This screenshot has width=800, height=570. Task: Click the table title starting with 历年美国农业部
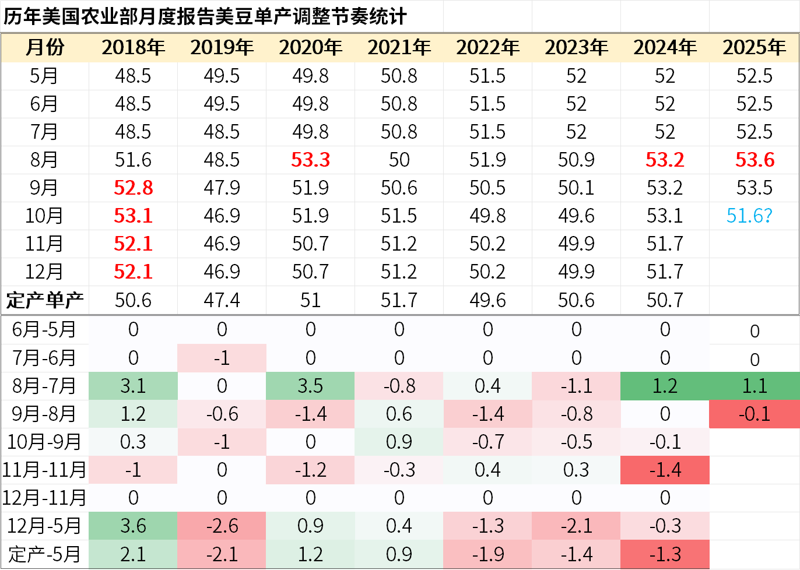pos(205,16)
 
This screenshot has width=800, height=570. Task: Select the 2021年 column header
pos(399,48)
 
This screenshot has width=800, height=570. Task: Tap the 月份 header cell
pos(45,48)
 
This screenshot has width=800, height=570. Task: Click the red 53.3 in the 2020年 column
pos(310,160)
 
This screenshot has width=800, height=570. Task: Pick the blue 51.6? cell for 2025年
pos(749,216)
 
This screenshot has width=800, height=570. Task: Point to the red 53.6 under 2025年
pos(755,160)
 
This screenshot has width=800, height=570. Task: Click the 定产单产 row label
pos(45,300)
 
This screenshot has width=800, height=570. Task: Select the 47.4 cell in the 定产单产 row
pos(222,300)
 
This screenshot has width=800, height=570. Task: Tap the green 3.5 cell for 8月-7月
pos(310,386)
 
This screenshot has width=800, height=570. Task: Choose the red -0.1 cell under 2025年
pos(755,414)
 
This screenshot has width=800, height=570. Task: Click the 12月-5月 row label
pos(45,526)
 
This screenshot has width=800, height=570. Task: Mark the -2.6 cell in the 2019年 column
pos(222,526)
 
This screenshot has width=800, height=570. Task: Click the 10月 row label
pos(45,216)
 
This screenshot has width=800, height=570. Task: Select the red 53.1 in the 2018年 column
pos(133,216)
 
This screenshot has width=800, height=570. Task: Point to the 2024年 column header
pos(665,48)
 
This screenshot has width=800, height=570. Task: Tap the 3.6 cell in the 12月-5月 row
pos(133,526)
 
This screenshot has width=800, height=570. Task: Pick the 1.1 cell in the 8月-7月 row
pos(755,386)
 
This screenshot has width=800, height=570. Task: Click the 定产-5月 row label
pos(45,554)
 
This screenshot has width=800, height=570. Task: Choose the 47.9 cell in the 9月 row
pos(222,188)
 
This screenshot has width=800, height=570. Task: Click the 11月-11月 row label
pos(45,470)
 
